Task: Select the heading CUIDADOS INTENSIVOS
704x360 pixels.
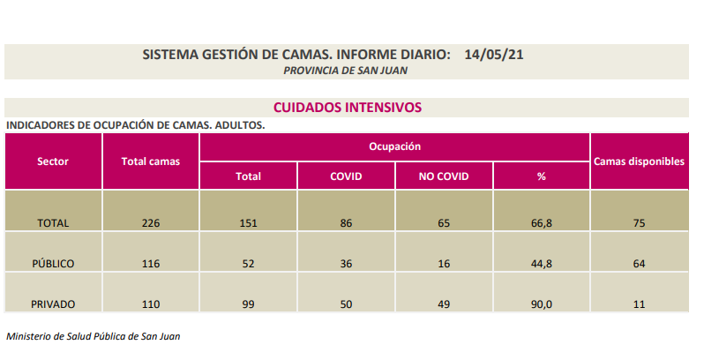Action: coord(348,107)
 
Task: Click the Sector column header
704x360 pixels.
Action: coord(53,161)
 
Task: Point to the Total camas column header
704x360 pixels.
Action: coord(150,161)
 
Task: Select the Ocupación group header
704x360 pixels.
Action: coord(394,146)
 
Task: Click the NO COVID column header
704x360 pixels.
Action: coord(444,176)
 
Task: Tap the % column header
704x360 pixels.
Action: coord(542,176)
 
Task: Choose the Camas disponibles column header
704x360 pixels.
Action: coord(639,161)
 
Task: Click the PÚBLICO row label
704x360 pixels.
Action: coord(53,264)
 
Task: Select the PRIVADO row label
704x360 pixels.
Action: coord(53,304)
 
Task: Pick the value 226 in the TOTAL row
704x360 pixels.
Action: coord(151,223)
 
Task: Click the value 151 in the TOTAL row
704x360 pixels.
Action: coord(249,223)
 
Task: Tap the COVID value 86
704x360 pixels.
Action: coord(346,223)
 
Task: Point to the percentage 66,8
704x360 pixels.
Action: coord(542,223)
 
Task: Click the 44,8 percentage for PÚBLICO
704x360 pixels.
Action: coord(542,264)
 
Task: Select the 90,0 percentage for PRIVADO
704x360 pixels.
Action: coord(542,304)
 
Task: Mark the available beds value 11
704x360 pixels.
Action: coord(639,304)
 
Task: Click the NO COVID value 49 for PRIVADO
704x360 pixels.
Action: coord(444,304)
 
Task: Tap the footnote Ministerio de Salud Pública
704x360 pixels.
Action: coord(94,336)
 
